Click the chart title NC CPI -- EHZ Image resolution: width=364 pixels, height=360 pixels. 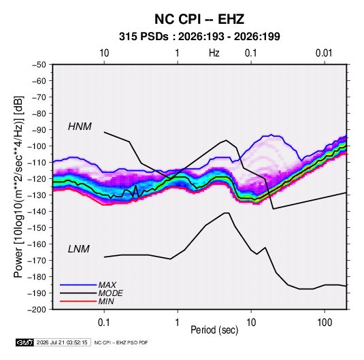[x=199, y=19]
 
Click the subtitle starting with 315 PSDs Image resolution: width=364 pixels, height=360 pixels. [x=199, y=37]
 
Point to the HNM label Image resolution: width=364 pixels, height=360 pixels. [x=80, y=127]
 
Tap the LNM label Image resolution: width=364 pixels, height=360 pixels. [x=79, y=249]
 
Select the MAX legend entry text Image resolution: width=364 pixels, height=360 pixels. [x=107, y=284]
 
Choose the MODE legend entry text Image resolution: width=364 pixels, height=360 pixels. [x=110, y=293]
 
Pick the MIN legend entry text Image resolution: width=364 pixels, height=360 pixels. [x=106, y=301]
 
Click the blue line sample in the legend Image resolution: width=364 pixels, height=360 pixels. [x=78, y=284]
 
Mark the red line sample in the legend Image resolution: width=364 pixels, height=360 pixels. [x=78, y=301]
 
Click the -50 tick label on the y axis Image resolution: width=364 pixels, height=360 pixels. [x=39, y=65]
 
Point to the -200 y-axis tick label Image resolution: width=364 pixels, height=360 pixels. [x=37, y=310]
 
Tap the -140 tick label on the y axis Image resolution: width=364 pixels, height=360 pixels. [x=37, y=212]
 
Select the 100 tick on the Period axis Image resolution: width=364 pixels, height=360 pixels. [x=325, y=323]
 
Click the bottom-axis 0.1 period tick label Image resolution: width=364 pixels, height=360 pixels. [x=104, y=323]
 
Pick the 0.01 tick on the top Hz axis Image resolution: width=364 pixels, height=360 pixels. [x=324, y=53]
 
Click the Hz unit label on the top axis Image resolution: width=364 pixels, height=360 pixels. [x=214, y=53]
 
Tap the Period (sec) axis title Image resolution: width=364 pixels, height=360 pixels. [x=214, y=330]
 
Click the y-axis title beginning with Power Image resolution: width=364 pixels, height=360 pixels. [x=18, y=187]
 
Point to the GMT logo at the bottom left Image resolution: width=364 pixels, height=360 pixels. [x=25, y=342]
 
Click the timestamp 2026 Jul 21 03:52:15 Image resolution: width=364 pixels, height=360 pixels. [x=62, y=342]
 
